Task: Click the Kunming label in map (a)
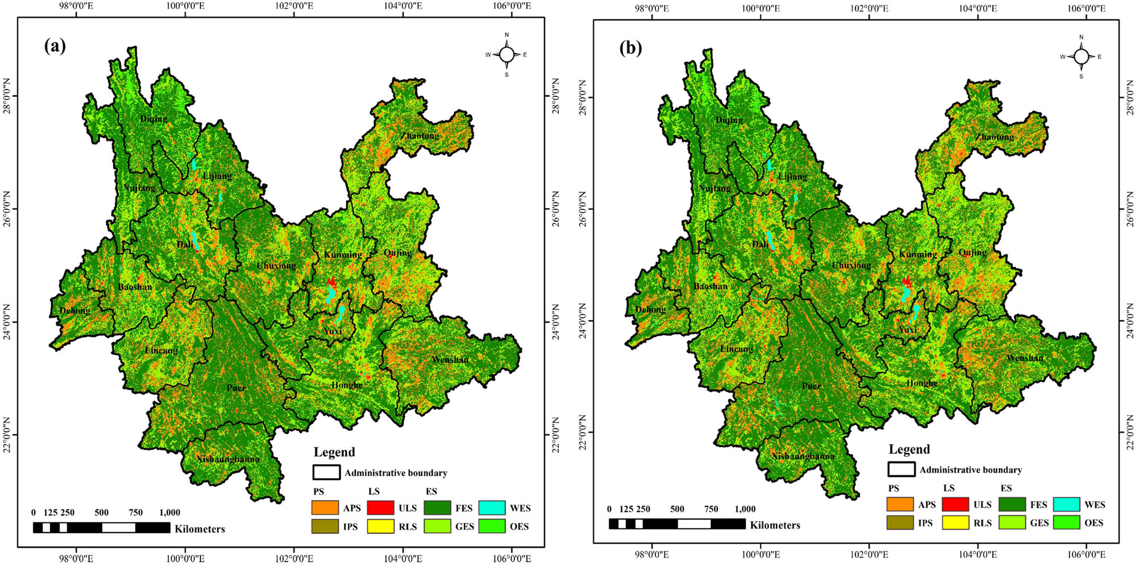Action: [x=343, y=254]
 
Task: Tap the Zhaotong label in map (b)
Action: [x=995, y=137]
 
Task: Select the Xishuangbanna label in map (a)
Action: [x=227, y=459]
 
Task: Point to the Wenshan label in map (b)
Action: [x=1024, y=358]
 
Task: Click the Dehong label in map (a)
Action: [x=75, y=311]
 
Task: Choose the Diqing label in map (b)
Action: [x=729, y=120]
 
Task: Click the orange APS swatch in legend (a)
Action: [x=325, y=508]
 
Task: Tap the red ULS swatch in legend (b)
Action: [x=955, y=504]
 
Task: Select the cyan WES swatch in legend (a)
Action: [x=492, y=508]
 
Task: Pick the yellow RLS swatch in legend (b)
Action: [x=955, y=522]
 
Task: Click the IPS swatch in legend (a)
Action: [x=325, y=526]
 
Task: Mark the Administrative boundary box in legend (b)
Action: [x=901, y=469]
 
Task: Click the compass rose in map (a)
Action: [x=507, y=55]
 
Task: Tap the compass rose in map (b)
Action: [x=1081, y=56]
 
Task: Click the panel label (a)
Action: [x=55, y=46]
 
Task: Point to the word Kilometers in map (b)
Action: [x=775, y=525]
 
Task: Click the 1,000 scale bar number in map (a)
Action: [x=169, y=513]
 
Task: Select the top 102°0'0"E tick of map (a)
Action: [x=294, y=6]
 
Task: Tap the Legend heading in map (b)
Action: [x=909, y=449]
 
